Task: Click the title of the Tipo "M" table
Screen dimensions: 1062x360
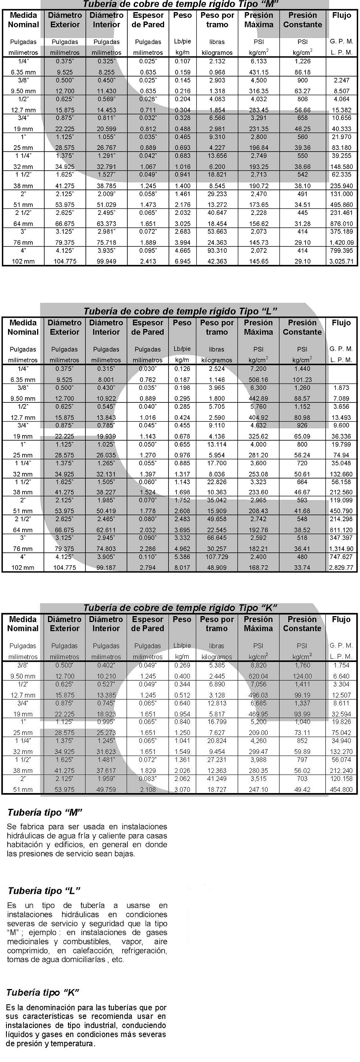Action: (180, 4)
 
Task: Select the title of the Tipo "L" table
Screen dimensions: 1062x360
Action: (180, 311)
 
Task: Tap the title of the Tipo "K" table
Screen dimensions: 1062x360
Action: (180, 608)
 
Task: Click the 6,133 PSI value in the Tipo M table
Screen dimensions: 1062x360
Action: (258, 61)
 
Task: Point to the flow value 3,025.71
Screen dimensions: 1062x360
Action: (341, 261)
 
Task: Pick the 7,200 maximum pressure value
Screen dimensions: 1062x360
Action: (258, 369)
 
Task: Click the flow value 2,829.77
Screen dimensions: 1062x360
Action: (341, 568)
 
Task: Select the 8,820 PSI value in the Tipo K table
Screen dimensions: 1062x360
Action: (258, 665)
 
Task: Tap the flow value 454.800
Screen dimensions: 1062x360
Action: (341, 789)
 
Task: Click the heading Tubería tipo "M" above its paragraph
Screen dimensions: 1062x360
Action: (45, 812)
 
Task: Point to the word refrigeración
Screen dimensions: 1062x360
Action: (144, 951)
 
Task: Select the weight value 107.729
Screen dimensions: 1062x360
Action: (217, 556)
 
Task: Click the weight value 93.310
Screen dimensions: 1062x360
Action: (217, 250)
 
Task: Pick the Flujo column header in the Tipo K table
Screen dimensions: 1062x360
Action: (341, 619)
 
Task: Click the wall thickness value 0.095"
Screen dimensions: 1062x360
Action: (148, 250)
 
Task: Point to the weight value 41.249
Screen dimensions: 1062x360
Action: (217, 779)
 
